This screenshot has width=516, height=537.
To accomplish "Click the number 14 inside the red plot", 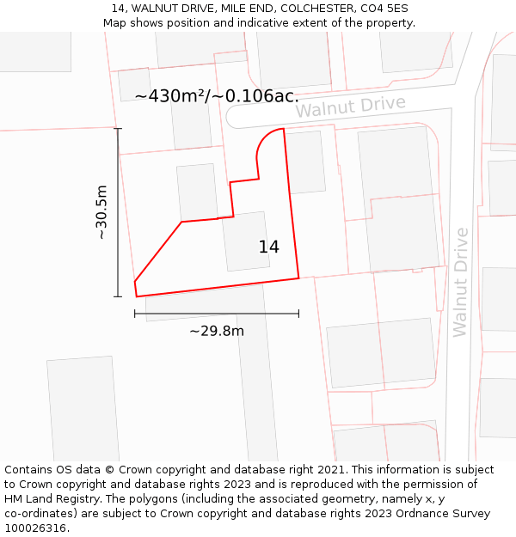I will click(x=268, y=247).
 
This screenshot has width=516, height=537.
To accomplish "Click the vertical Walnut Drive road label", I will click(x=460, y=282).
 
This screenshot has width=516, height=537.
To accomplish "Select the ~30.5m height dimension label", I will click(x=101, y=211).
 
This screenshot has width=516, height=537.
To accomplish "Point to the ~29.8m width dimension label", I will click(x=216, y=331).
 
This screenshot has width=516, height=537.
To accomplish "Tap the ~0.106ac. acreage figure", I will click(x=255, y=96).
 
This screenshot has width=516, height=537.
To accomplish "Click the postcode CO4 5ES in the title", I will click(x=381, y=9).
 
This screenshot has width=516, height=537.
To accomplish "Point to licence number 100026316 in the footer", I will click(x=35, y=528).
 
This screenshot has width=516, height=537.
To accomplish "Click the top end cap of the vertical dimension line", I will click(x=118, y=129).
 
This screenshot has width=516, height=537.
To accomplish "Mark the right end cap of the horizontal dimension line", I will click(x=298, y=314).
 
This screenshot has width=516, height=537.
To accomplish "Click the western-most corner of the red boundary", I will click(x=135, y=282).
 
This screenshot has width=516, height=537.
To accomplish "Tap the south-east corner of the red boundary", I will click(x=298, y=278).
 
